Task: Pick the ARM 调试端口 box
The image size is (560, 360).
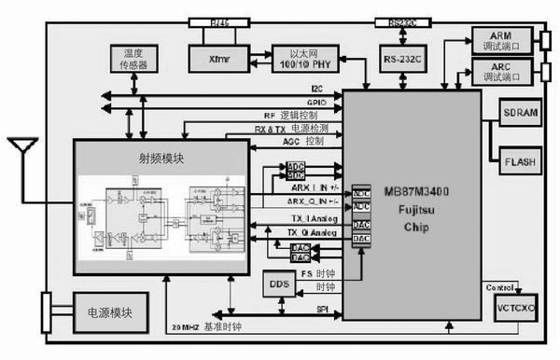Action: [x=504, y=37]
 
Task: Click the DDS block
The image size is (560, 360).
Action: [x=276, y=284]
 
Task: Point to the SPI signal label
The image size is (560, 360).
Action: [x=320, y=309]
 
